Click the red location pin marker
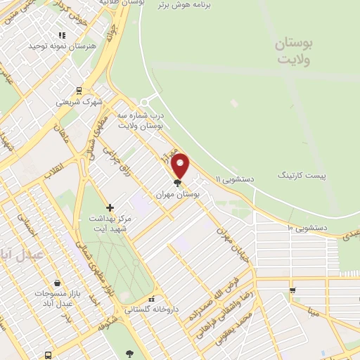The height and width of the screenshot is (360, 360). pos(181,166)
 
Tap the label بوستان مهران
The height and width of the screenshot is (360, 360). pos(178,193)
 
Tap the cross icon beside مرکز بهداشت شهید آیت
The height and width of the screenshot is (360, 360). pos(109,207)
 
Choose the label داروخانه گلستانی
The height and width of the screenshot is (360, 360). pos(151,309)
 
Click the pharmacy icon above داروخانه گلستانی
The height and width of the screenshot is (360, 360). pos(152,299)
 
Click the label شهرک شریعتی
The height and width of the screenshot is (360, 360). pos(78,102)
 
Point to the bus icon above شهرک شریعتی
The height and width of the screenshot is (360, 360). pos(78,90)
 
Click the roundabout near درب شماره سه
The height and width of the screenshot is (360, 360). pos(150,103)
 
